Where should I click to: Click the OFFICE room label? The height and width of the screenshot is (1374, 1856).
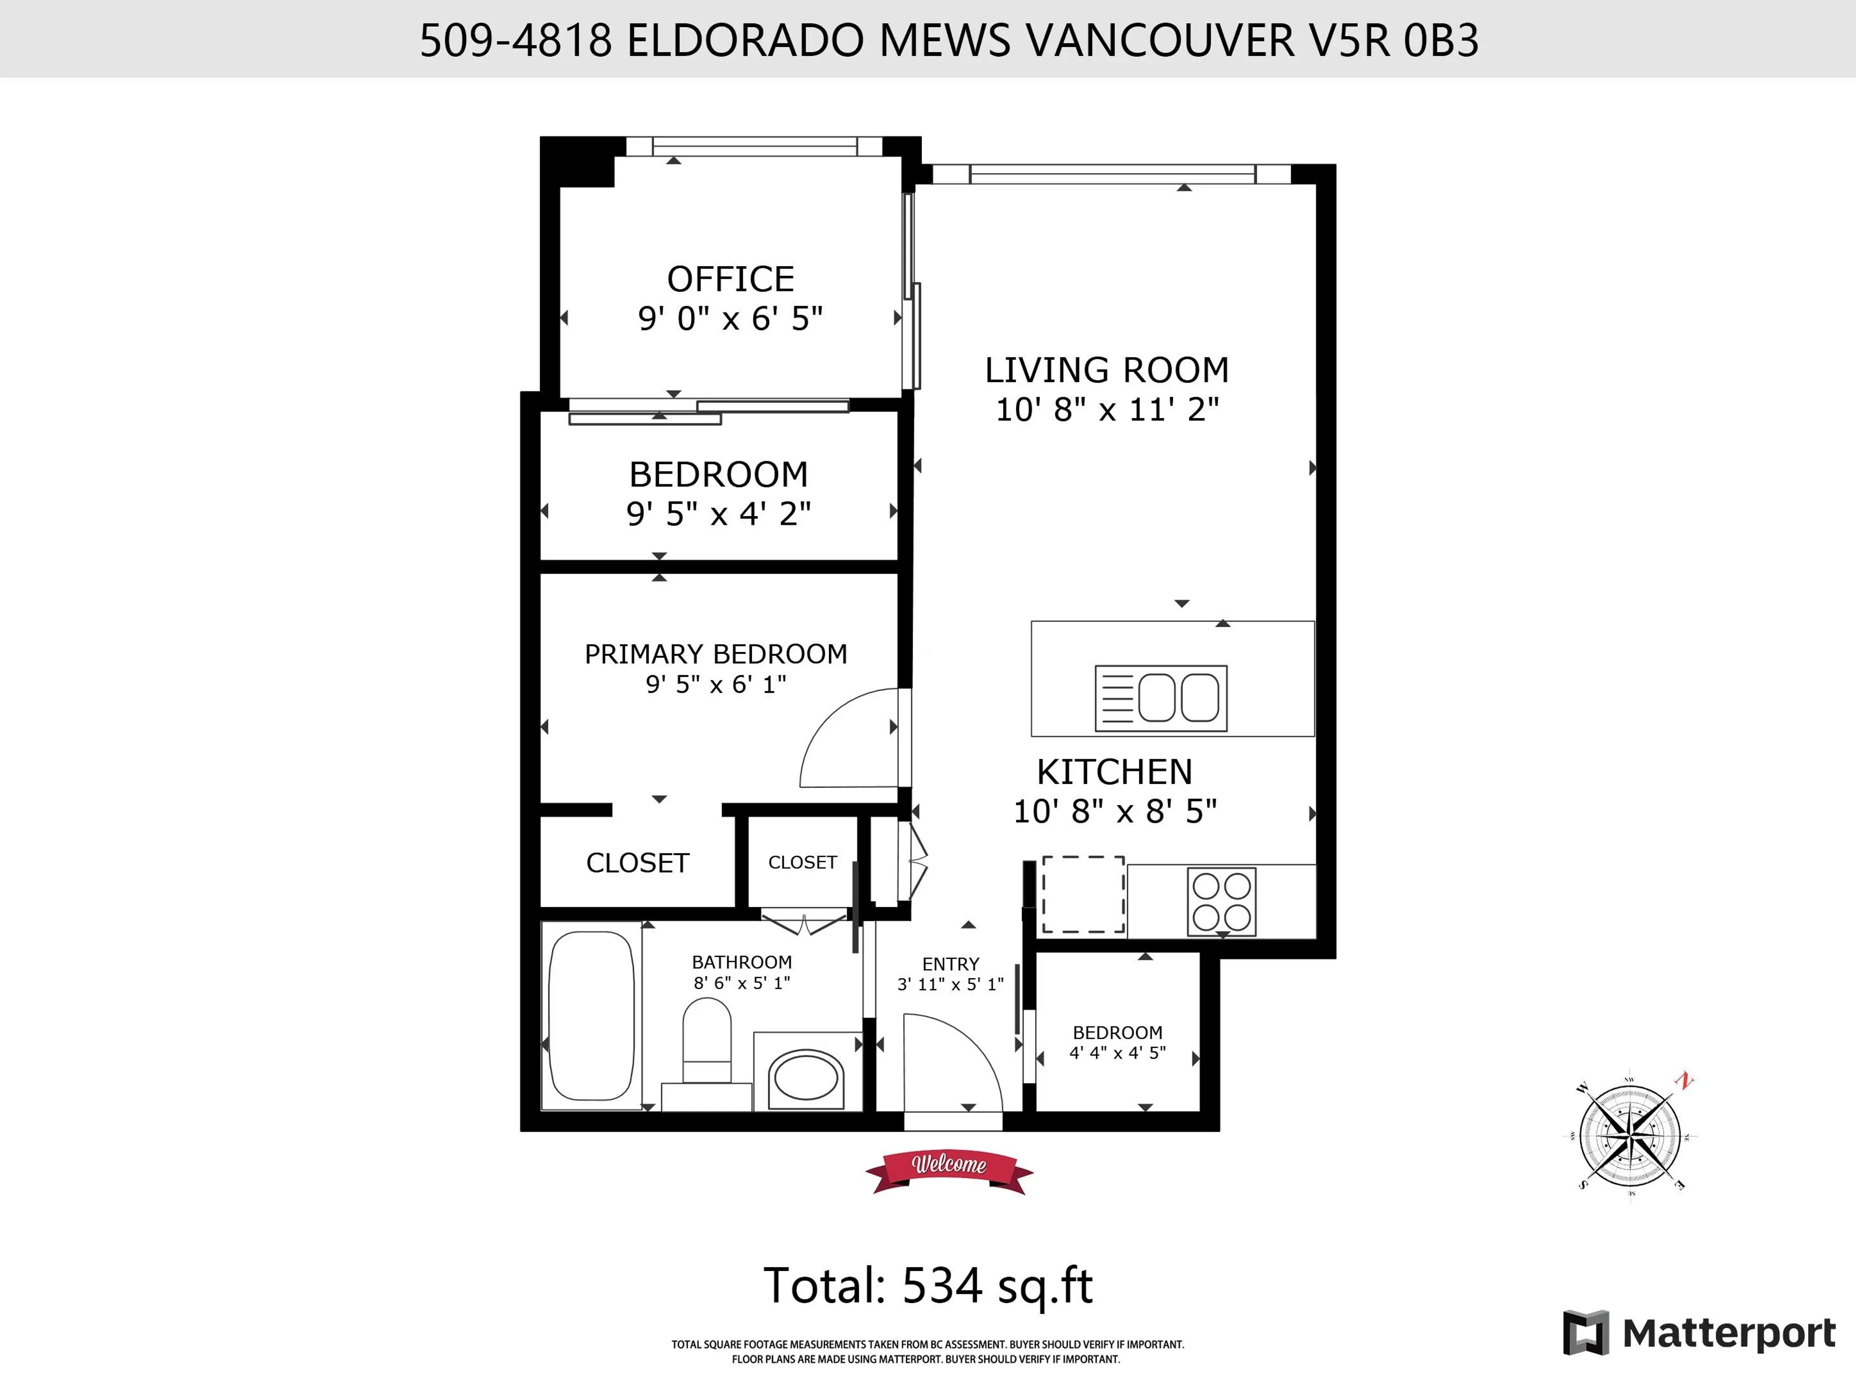click(x=730, y=279)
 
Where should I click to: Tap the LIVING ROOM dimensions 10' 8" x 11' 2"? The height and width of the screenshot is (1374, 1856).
click(x=1107, y=409)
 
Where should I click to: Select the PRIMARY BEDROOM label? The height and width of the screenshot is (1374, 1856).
click(x=715, y=654)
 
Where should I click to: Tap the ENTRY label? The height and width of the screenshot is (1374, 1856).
click(x=950, y=964)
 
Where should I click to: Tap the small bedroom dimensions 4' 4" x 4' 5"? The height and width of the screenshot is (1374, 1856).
click(x=1117, y=1053)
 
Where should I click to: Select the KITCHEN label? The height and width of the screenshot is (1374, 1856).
click(x=1114, y=773)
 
